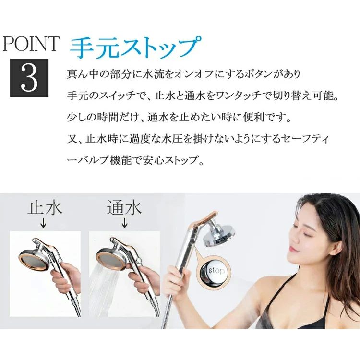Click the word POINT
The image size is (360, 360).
pos(31,44)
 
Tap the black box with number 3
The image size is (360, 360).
pos(29,78)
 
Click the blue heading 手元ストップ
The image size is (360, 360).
pos(135,47)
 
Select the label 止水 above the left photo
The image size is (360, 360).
pos(45,208)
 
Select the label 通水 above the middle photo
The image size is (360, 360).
pos(124,208)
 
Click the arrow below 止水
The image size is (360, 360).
pos(43,223)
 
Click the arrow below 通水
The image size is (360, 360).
pos(124,223)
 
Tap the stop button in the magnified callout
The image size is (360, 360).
pos(214,271)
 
